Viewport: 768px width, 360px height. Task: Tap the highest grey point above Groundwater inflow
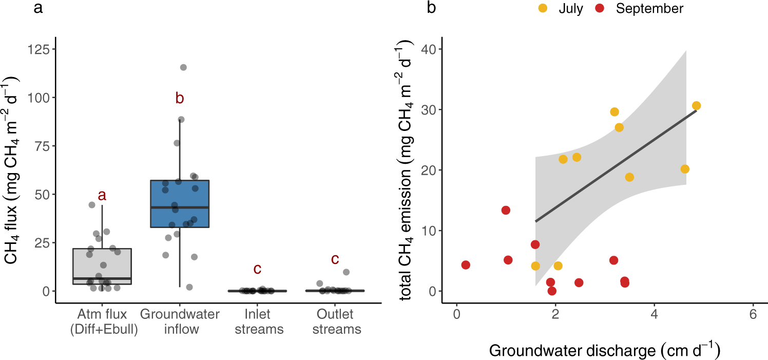pos(183,67)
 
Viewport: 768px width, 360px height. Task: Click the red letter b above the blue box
pos(180,99)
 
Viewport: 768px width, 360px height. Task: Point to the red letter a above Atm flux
pos(102,195)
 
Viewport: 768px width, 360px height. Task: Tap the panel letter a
pos(38,8)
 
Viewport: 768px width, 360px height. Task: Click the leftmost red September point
pos(466,265)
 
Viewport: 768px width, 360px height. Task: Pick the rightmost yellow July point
pos(696,106)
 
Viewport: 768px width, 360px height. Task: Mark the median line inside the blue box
pos(180,207)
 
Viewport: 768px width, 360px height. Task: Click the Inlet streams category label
pos(259,321)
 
